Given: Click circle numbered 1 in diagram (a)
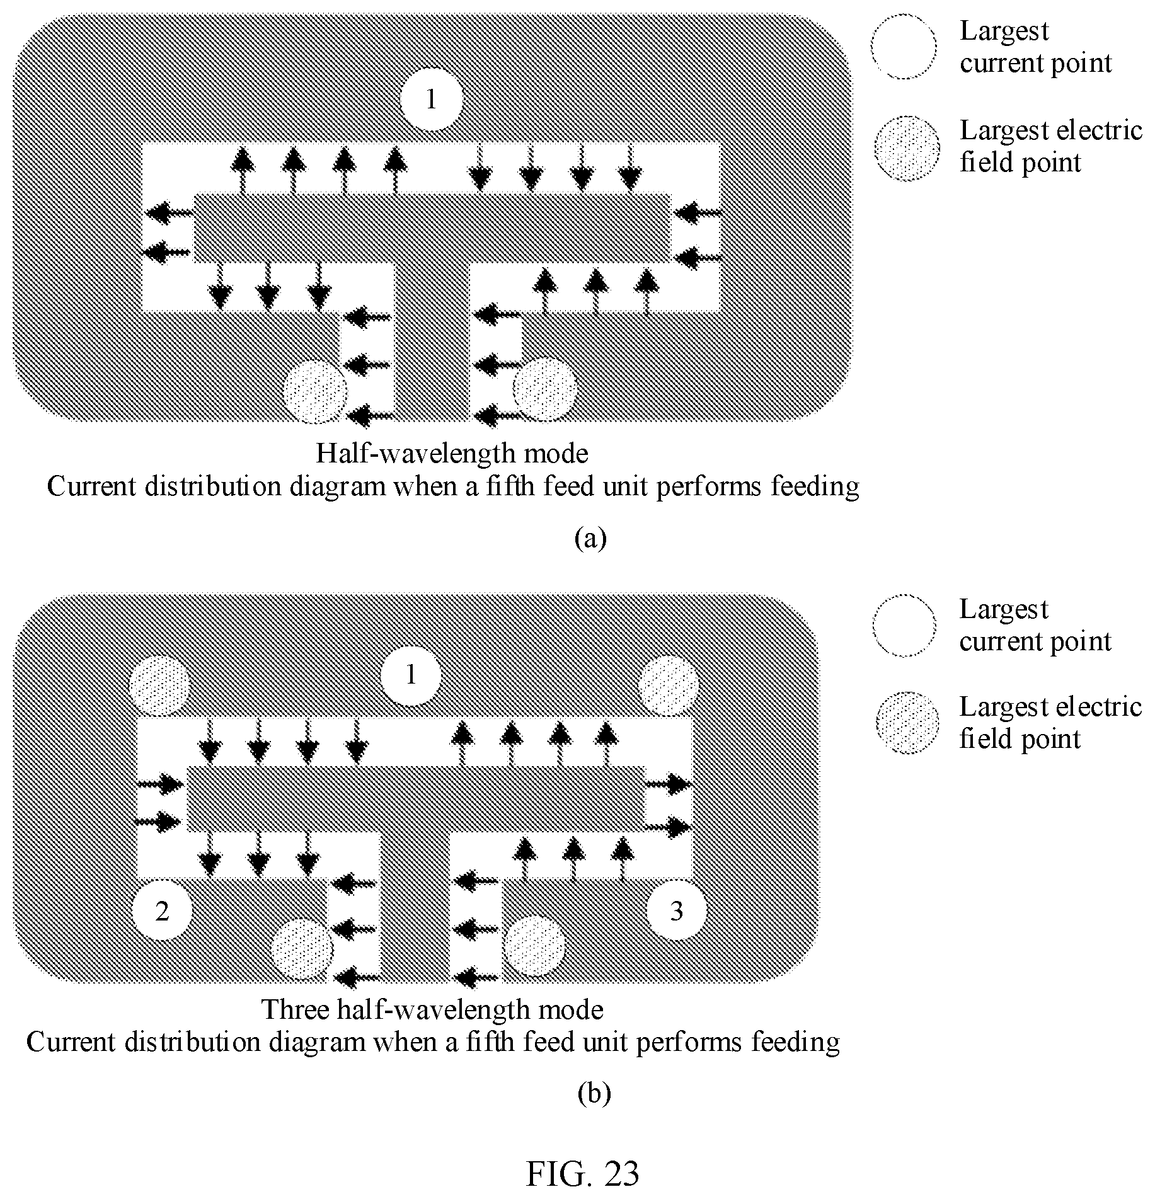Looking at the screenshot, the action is (432, 99).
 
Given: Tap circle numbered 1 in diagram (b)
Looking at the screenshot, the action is (411, 675).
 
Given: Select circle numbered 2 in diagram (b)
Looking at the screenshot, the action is (162, 910).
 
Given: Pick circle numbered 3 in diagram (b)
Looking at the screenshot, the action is (677, 910).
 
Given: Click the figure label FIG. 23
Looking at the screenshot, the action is (582, 1173).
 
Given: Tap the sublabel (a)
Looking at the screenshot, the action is (590, 539).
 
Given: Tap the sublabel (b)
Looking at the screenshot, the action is (594, 1094).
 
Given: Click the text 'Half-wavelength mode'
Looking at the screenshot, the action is (452, 453).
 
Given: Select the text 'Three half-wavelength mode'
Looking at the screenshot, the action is (432, 1009).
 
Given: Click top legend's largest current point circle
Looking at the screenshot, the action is (904, 47).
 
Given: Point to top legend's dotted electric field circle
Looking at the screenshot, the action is (907, 148).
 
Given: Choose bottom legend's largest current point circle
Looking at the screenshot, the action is (905, 626).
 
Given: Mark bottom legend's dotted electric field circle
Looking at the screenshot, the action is (907, 723).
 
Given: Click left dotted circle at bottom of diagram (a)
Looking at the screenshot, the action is (315, 391).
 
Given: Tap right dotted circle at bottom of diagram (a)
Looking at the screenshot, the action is (545, 389).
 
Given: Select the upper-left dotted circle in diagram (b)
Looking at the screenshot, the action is (159, 686).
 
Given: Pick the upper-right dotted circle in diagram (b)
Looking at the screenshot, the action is (669, 686).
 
